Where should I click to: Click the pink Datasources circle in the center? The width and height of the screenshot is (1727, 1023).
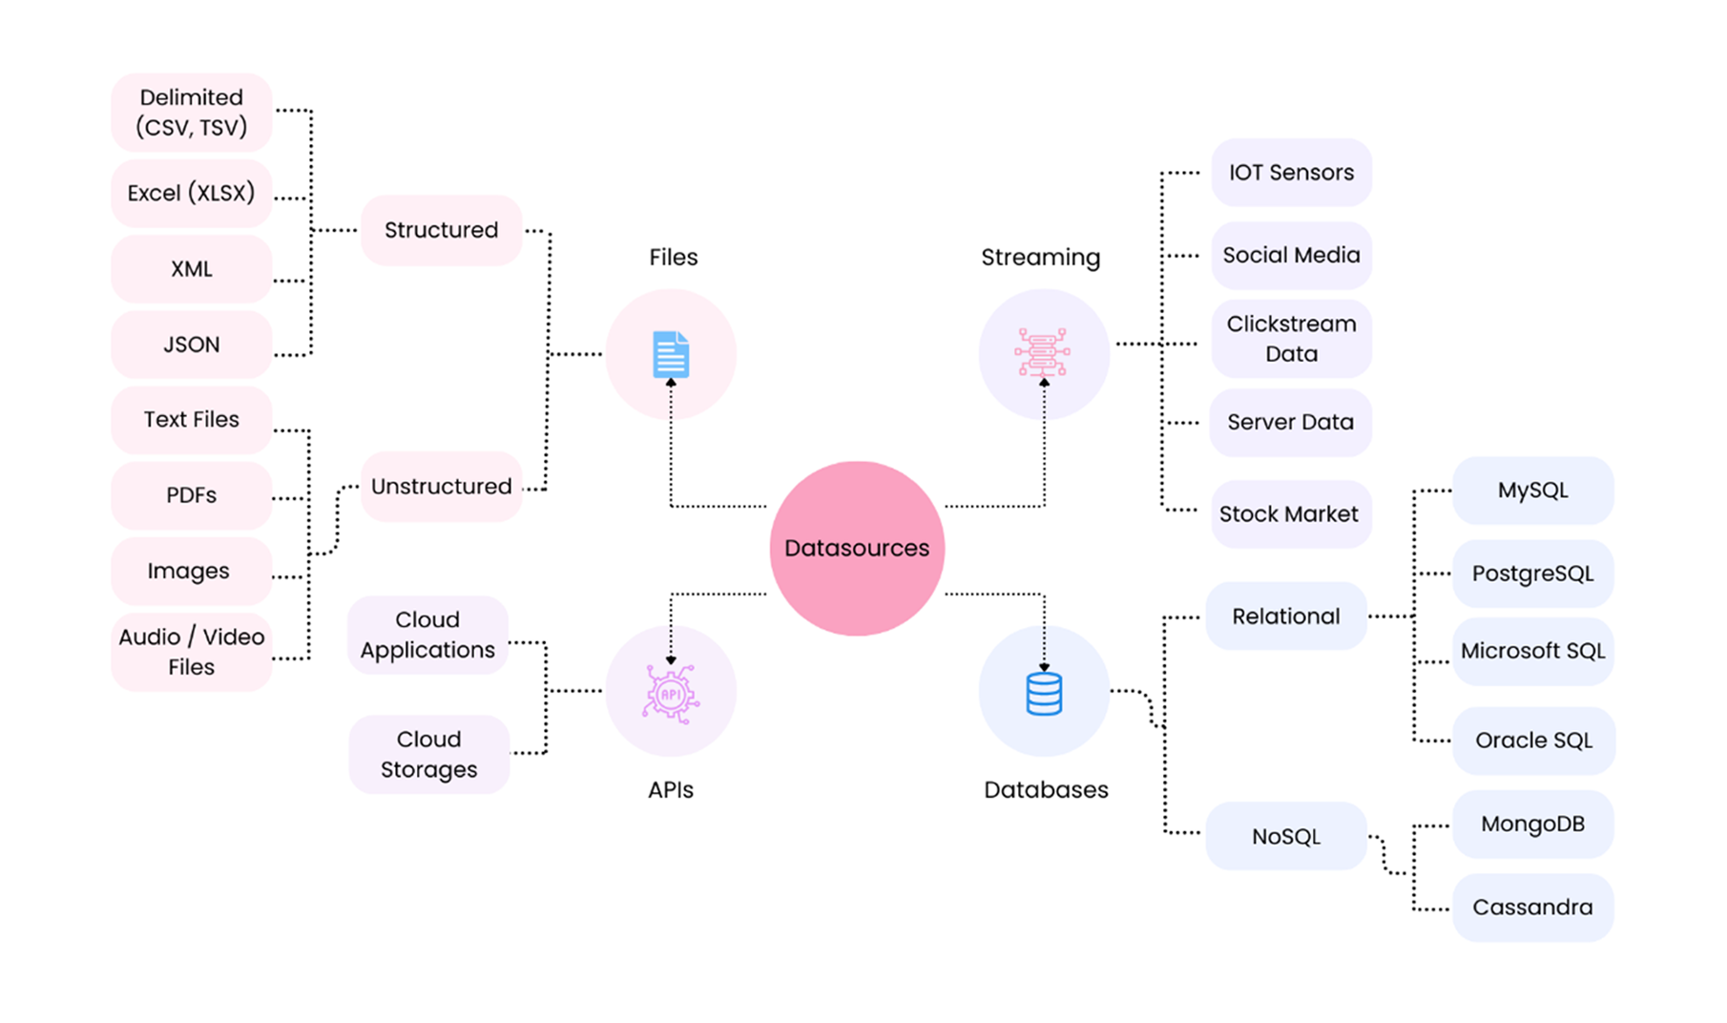857,548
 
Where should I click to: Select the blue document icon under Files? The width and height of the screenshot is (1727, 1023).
671,355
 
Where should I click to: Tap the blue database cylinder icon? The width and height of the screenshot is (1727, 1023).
1044,694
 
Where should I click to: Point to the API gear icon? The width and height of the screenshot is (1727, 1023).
671,694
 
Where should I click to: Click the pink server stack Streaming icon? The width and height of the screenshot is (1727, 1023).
1042,353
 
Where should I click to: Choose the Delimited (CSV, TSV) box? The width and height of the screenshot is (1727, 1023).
192,113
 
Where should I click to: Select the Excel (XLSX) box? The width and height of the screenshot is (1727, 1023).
192,193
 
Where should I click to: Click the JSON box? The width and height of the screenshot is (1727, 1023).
192,344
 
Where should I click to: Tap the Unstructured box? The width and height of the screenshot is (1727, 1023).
441,487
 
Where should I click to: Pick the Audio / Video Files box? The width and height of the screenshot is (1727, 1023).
192,652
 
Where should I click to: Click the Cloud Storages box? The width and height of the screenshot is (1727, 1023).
428,754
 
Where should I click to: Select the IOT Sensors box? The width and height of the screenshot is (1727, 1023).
1291,173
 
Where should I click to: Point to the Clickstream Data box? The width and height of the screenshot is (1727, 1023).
1291,339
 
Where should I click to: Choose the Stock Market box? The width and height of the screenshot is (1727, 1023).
1289,514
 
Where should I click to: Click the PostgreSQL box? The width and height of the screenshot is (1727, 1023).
1532,574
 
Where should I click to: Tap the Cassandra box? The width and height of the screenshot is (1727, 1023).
1532,908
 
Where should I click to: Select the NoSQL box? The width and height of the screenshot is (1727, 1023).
1286,836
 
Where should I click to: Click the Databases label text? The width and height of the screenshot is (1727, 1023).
1046,790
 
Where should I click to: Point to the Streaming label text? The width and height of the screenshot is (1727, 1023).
1040,258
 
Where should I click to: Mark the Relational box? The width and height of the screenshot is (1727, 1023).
1286,616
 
